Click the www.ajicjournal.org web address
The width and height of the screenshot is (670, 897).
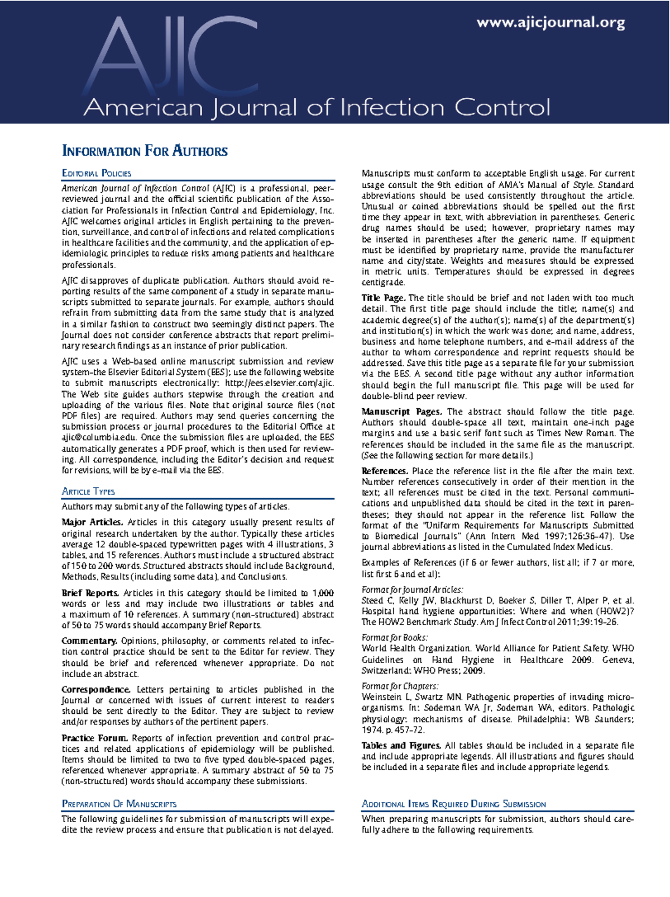coord(551,23)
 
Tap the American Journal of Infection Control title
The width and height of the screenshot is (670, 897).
coord(317,107)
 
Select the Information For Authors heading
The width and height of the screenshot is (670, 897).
coord(145,151)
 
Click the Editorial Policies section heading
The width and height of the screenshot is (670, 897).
coord(97,174)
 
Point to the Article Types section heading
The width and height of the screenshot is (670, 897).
coord(88,492)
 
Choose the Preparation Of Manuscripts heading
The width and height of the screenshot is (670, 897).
coord(119,804)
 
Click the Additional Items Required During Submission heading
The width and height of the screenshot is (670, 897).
coord(453,804)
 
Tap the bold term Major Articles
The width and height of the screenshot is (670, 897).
coord(92,523)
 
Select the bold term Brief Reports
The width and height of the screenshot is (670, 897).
coord(90,593)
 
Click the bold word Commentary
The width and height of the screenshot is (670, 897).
coord(89,641)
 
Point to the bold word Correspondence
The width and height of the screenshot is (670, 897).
coord(96,690)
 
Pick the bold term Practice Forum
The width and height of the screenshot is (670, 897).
coord(95,738)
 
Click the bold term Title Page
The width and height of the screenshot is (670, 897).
coord(384,298)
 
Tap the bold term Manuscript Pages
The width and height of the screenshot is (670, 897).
coord(401,412)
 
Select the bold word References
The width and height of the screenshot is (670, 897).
coord(385,471)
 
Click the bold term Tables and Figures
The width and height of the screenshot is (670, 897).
coord(401,746)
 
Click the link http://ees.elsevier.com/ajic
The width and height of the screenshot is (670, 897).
coord(279,383)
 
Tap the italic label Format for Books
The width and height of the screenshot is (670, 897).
coord(395,638)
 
